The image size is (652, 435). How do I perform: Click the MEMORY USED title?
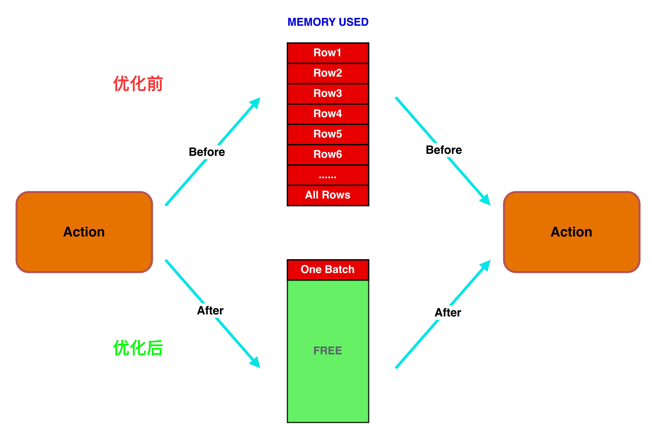pos(328,22)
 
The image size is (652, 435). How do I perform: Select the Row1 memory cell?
pos(328,53)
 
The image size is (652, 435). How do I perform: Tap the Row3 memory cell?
pos(328,93)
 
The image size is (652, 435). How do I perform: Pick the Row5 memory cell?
pos(328,134)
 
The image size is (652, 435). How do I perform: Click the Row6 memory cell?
pos(328,155)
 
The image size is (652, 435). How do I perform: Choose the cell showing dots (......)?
pos(328,175)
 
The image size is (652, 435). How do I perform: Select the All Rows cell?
pos(328,195)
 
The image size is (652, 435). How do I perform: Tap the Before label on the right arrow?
pos(444,150)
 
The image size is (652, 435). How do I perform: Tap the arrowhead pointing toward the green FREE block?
pos(256,363)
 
